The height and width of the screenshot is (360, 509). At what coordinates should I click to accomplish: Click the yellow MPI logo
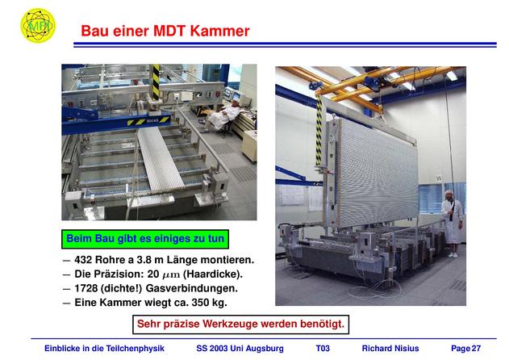tap(38, 25)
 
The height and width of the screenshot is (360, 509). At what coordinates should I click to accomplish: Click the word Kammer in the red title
tap(219, 31)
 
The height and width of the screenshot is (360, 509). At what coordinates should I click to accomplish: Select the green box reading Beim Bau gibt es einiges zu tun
tap(145, 239)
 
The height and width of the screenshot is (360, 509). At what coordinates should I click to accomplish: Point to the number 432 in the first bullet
tap(83, 260)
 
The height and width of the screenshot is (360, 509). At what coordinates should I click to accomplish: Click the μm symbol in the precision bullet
tap(171, 275)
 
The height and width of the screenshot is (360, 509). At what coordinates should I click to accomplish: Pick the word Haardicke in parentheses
tap(213, 274)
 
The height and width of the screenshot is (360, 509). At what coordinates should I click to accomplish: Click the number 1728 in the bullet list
tap(86, 288)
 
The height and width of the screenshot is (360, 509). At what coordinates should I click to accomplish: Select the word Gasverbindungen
tap(191, 288)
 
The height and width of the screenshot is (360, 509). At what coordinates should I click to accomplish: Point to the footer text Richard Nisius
tap(390, 349)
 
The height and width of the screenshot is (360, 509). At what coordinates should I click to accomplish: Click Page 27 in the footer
tap(465, 349)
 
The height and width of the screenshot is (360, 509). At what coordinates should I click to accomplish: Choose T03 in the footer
tap(323, 349)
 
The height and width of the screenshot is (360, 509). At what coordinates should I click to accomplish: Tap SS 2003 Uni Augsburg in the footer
tap(240, 349)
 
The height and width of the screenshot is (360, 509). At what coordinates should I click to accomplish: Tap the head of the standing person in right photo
tap(449, 195)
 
